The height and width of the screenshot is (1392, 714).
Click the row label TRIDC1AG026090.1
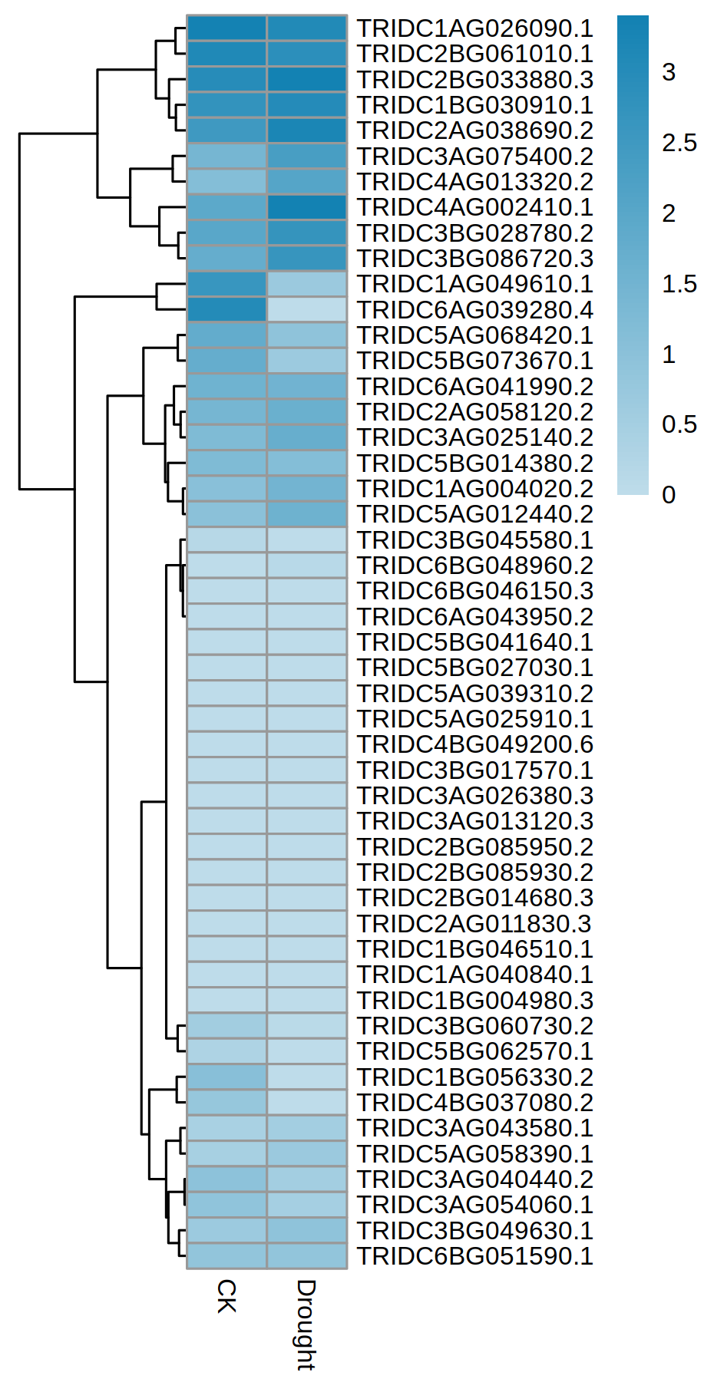474,28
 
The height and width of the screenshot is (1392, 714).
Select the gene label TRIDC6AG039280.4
474,310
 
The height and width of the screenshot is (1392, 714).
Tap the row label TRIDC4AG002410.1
474,207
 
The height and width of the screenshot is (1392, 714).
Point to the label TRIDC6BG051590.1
474,1256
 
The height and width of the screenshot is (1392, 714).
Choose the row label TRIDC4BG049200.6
474,744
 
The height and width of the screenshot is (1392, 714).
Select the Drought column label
306,1324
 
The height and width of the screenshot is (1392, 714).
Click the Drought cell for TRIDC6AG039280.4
307,310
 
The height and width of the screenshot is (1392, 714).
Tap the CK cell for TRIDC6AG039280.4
227,310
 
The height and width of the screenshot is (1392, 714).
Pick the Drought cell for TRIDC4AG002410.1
307,207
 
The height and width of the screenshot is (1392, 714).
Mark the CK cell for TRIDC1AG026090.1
227,28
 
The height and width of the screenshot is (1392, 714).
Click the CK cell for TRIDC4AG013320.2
227,182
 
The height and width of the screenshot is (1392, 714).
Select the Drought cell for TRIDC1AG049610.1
307,284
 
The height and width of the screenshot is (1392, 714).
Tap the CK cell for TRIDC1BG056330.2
227,1077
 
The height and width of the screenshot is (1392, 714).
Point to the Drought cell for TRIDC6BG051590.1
307,1256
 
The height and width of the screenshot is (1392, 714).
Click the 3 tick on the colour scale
669,72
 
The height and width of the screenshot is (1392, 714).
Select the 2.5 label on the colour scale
679,143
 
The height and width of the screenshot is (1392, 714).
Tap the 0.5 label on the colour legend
679,424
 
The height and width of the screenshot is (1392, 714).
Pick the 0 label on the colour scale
669,495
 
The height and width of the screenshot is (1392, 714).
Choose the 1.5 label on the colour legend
679,284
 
